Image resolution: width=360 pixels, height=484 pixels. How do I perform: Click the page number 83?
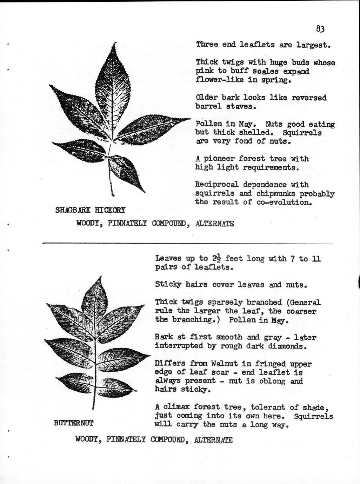point(320,28)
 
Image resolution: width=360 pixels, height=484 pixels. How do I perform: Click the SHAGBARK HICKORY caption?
point(90,210)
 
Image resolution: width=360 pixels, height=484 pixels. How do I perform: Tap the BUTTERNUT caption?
point(74,423)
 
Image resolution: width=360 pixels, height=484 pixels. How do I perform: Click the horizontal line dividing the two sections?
point(188,243)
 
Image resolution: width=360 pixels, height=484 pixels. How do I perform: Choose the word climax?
point(176,407)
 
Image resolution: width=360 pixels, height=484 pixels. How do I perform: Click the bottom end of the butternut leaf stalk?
point(93,408)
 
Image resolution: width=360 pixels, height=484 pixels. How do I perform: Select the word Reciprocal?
point(216,185)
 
